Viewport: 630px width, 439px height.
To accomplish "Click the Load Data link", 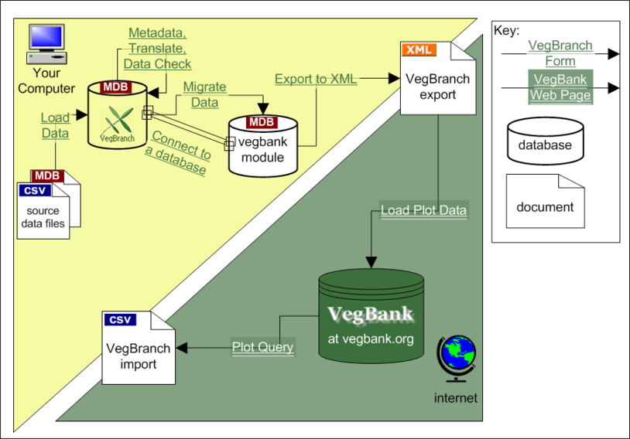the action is pos(55,125).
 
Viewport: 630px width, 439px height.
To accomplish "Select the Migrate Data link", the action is pos(204,95).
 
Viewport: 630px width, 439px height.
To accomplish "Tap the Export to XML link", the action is pos(316,79).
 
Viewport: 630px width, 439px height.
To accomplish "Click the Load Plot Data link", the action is pos(424,210).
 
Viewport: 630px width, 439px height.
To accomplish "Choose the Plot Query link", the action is pos(263,347).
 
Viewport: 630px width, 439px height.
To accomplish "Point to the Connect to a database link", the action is pos(178,152).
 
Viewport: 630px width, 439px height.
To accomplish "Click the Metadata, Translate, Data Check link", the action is pos(157,48).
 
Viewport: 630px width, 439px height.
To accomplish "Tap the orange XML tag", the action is pos(419,49).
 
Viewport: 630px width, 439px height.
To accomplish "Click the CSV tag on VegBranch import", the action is pos(120,319).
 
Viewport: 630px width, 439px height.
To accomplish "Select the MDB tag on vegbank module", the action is pos(262,122).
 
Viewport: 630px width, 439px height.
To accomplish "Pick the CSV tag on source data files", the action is pos(35,190).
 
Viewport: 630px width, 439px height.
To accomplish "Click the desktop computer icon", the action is pos(46,44).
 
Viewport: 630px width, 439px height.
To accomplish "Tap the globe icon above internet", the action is pos(457,359).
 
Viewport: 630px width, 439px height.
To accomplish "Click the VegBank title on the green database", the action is pos(371,315).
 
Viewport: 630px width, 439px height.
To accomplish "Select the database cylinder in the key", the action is pos(545,141).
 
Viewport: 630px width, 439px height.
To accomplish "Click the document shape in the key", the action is pos(545,201).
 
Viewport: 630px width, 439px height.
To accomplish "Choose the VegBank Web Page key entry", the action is pos(560,87).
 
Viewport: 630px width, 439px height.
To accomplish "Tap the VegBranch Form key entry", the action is pos(560,53).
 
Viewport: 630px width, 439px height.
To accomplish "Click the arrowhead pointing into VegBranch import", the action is pos(182,348).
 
